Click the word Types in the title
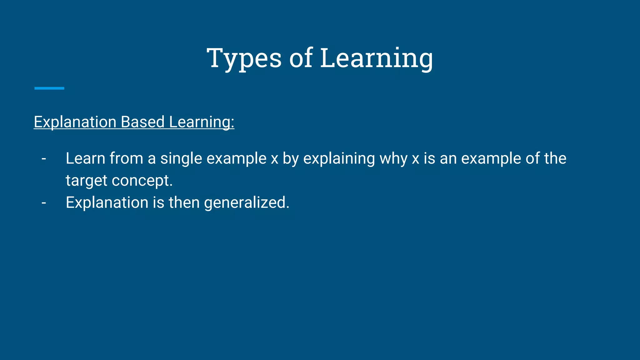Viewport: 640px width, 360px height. (x=244, y=58)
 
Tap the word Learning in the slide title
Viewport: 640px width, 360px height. (x=377, y=58)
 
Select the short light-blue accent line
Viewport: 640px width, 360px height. (x=49, y=88)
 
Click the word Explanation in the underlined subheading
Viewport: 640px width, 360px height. (x=75, y=122)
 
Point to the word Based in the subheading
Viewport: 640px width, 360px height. (x=142, y=122)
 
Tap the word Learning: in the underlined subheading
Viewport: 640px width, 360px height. (x=202, y=122)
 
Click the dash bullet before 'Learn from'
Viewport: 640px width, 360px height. (x=44, y=158)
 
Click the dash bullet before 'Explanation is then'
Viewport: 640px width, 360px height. (x=44, y=202)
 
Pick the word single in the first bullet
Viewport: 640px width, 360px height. (x=181, y=159)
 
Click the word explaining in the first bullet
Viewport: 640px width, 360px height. (x=339, y=159)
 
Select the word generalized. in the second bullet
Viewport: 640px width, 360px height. (x=247, y=203)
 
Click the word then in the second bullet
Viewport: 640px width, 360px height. (x=184, y=202)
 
